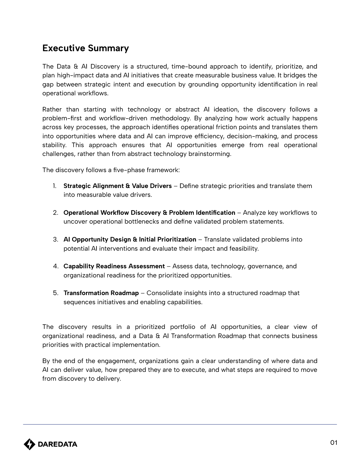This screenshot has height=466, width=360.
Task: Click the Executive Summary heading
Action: click(x=86, y=48)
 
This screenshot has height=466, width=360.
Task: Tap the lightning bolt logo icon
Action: click(x=29, y=444)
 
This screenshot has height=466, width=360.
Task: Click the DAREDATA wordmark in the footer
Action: click(x=58, y=444)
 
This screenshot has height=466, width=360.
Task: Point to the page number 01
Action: click(x=334, y=443)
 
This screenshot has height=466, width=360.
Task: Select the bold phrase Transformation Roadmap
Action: click(x=101, y=293)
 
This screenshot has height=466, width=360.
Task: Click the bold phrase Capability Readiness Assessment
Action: click(x=114, y=266)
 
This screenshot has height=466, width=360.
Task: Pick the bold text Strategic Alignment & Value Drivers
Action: click(x=118, y=186)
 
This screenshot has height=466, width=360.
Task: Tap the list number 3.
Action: click(x=56, y=239)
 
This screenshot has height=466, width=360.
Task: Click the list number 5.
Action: click(x=56, y=293)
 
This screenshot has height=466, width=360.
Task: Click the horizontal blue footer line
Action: click(x=180, y=424)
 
